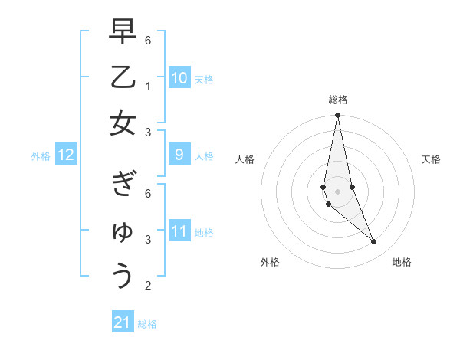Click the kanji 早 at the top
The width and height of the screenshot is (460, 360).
coord(122,33)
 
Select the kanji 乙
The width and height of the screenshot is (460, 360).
coord(122,77)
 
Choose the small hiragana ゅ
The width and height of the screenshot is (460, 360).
coord(123,231)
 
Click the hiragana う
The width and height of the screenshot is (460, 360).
coord(122,275)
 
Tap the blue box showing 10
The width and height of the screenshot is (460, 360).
coord(179,78)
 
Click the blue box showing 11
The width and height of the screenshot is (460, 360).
coord(179,232)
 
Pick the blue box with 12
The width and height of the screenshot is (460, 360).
coord(65,155)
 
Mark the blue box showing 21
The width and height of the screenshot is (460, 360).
coord(123,322)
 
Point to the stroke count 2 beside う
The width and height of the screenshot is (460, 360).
coord(148,286)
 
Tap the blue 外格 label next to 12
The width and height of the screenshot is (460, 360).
coord(41,156)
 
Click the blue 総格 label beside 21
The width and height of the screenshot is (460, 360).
coord(147,323)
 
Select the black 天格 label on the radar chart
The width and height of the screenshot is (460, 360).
coord(431,159)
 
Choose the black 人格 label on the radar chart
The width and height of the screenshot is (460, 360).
coord(245,159)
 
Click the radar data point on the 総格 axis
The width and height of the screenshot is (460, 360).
coord(337,116)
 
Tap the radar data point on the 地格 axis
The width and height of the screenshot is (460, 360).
coord(373,242)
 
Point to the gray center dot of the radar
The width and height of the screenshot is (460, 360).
coord(337,191)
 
